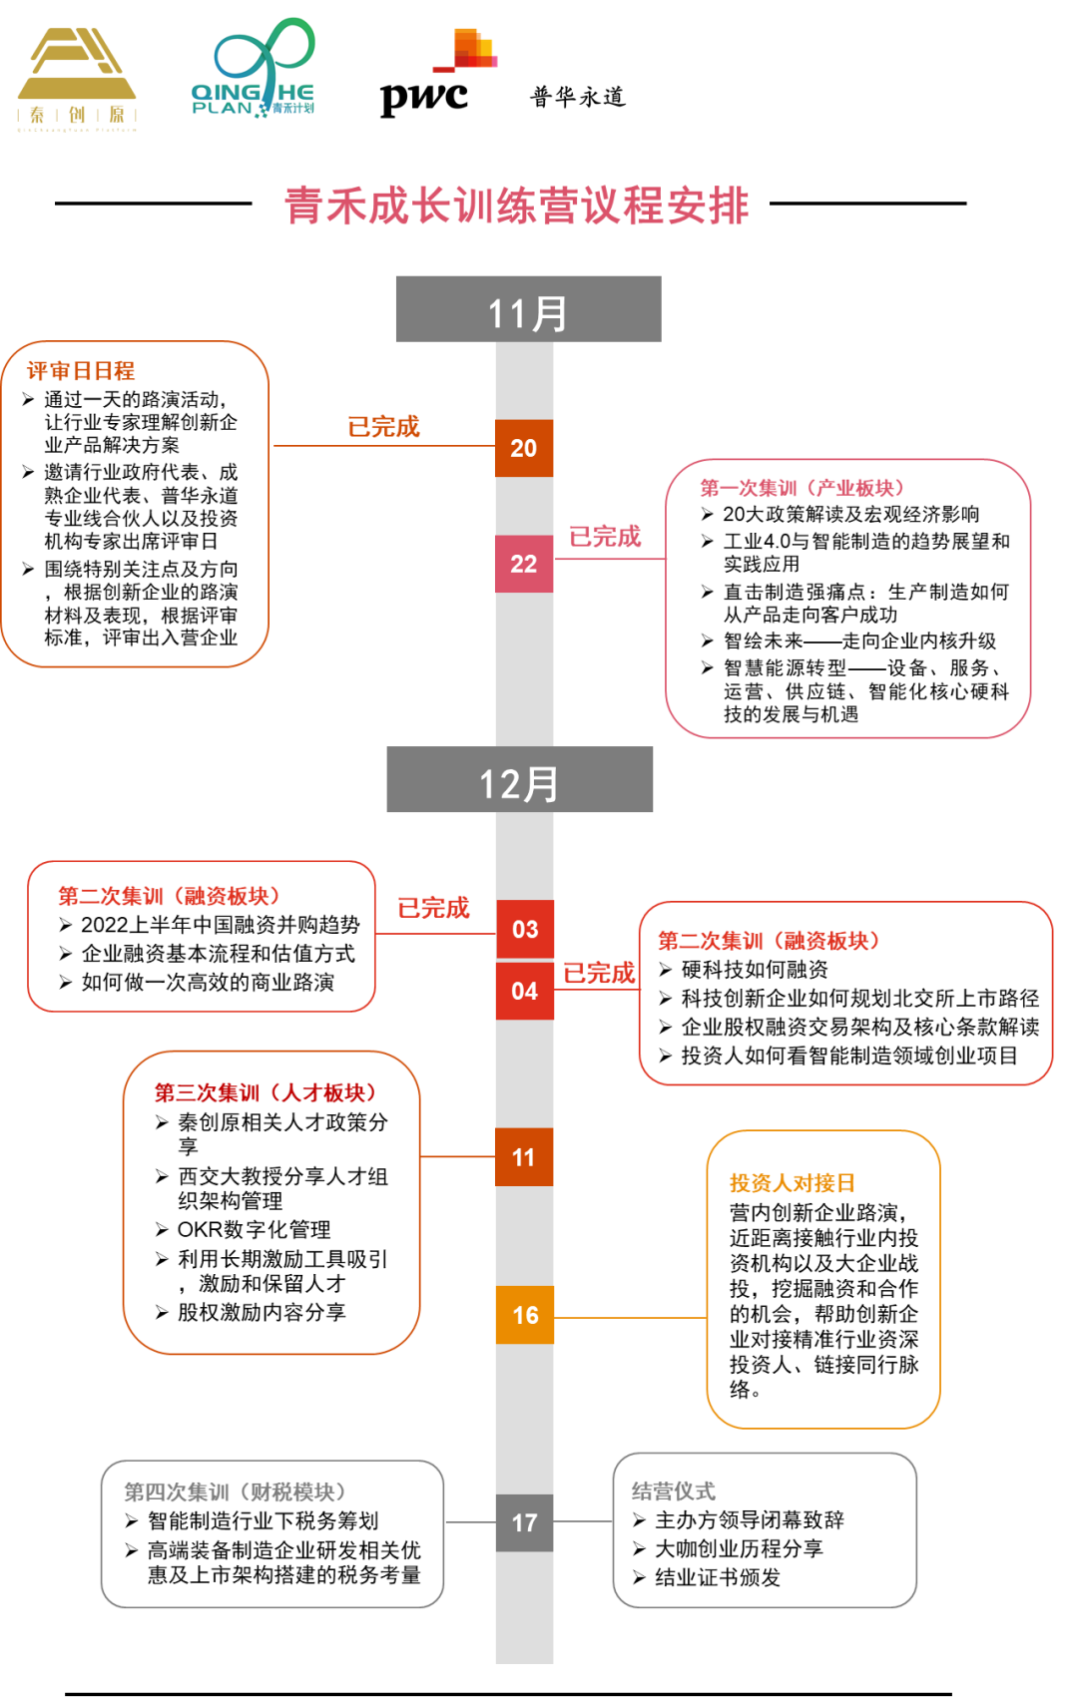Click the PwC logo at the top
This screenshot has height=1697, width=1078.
(438, 74)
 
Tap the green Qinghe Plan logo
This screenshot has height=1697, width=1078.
(254, 68)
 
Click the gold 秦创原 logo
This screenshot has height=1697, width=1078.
(77, 77)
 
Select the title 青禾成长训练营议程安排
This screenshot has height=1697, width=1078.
(516, 207)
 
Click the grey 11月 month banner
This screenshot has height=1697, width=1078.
(528, 309)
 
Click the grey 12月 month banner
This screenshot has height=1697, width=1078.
(519, 779)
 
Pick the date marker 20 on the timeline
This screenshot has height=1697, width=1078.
(524, 448)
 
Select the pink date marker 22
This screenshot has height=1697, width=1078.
(524, 564)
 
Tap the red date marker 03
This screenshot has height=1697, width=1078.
(525, 929)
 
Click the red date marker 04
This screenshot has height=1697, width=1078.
(525, 991)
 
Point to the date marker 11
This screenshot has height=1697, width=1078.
(524, 1157)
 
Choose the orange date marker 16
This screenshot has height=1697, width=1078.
(525, 1315)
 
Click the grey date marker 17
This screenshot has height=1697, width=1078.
(525, 1522)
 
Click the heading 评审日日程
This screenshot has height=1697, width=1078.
(81, 370)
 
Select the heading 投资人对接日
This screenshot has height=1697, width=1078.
(793, 1182)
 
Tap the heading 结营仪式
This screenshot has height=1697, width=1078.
(673, 1490)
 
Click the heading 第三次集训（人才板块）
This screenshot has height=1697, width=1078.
(266, 1092)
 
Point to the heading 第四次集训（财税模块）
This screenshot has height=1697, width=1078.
(235, 1491)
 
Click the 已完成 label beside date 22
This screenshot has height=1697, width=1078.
(605, 537)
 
